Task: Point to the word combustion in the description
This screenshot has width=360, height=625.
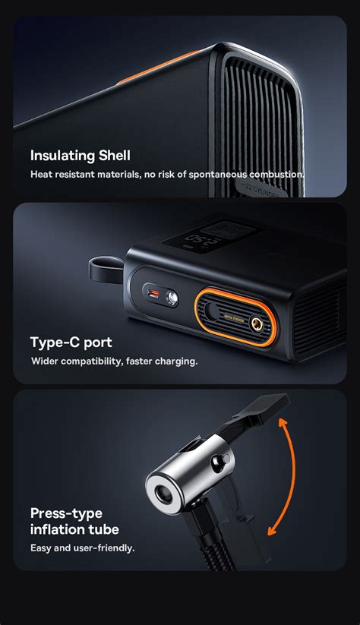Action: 271,175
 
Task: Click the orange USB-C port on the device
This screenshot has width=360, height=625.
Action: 154,295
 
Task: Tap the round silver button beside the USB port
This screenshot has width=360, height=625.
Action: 172,298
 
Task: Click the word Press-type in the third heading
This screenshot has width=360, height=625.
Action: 66,513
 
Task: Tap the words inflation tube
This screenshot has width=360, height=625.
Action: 74,529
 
